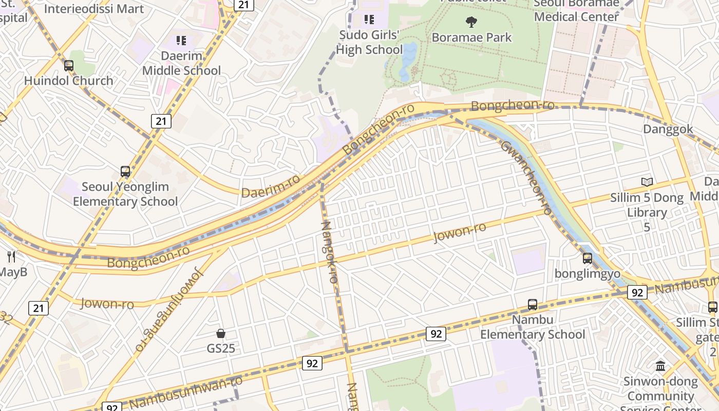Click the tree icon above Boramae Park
click(x=471, y=22)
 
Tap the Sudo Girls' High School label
click(x=369, y=43)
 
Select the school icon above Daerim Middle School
click(x=181, y=40)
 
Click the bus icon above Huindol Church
click(x=69, y=65)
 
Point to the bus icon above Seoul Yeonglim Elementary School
click(x=125, y=171)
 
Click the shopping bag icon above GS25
click(x=221, y=333)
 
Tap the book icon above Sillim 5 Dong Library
click(x=647, y=182)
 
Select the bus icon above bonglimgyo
click(x=587, y=258)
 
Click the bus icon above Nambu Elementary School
click(x=532, y=304)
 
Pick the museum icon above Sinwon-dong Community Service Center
click(x=660, y=366)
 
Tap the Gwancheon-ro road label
click(x=526, y=177)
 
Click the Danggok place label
click(x=668, y=129)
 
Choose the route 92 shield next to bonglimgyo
click(x=637, y=292)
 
